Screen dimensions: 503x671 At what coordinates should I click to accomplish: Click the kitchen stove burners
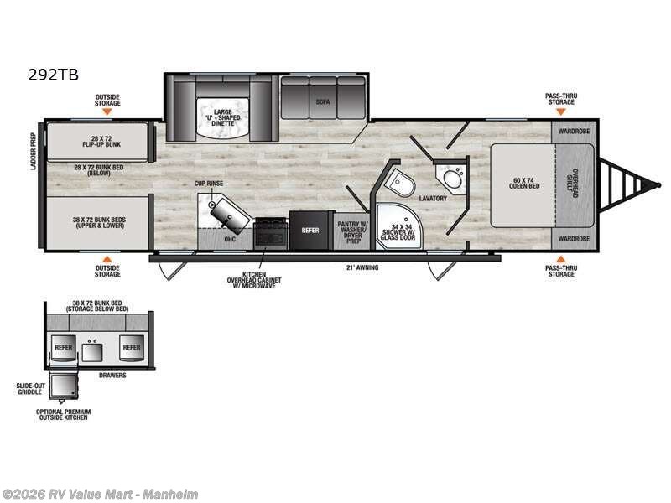(270, 231)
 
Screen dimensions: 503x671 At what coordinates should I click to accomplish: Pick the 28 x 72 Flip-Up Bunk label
(96, 139)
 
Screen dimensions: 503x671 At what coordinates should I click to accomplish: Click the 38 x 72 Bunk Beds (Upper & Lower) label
(98, 223)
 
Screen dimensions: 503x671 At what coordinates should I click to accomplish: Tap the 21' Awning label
(362, 268)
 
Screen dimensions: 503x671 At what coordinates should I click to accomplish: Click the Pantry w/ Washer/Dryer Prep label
(352, 229)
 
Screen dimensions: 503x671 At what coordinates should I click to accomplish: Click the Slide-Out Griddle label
(30, 388)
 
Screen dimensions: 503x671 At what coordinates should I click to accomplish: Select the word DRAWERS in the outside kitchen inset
(112, 375)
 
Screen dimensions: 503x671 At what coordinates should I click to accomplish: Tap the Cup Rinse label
(209, 182)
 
